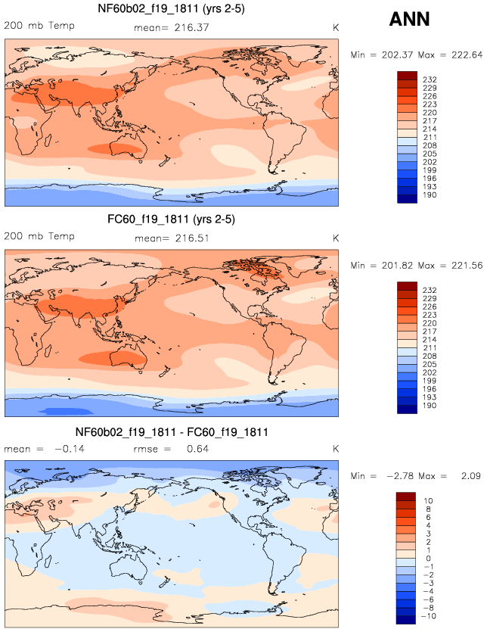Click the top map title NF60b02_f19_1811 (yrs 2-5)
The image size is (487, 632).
(x=171, y=9)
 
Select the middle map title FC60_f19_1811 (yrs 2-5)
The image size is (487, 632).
(x=171, y=221)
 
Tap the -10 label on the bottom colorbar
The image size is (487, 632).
(x=427, y=617)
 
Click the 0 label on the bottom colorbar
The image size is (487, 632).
(x=427, y=559)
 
